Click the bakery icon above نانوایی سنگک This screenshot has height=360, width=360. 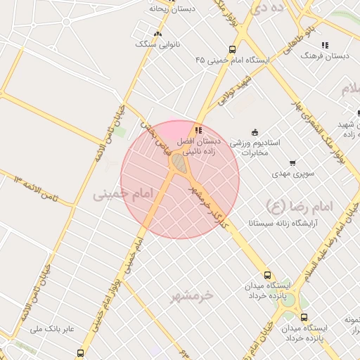point(157,33)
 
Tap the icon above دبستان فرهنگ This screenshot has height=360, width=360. point(325,45)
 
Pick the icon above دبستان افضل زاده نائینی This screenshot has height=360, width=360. point(199,130)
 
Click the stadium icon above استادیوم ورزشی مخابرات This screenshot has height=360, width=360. point(255,131)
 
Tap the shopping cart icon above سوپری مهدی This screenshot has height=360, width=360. point(292,162)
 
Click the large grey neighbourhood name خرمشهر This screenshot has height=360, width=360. point(191,296)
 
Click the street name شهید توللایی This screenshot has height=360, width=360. point(235,91)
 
